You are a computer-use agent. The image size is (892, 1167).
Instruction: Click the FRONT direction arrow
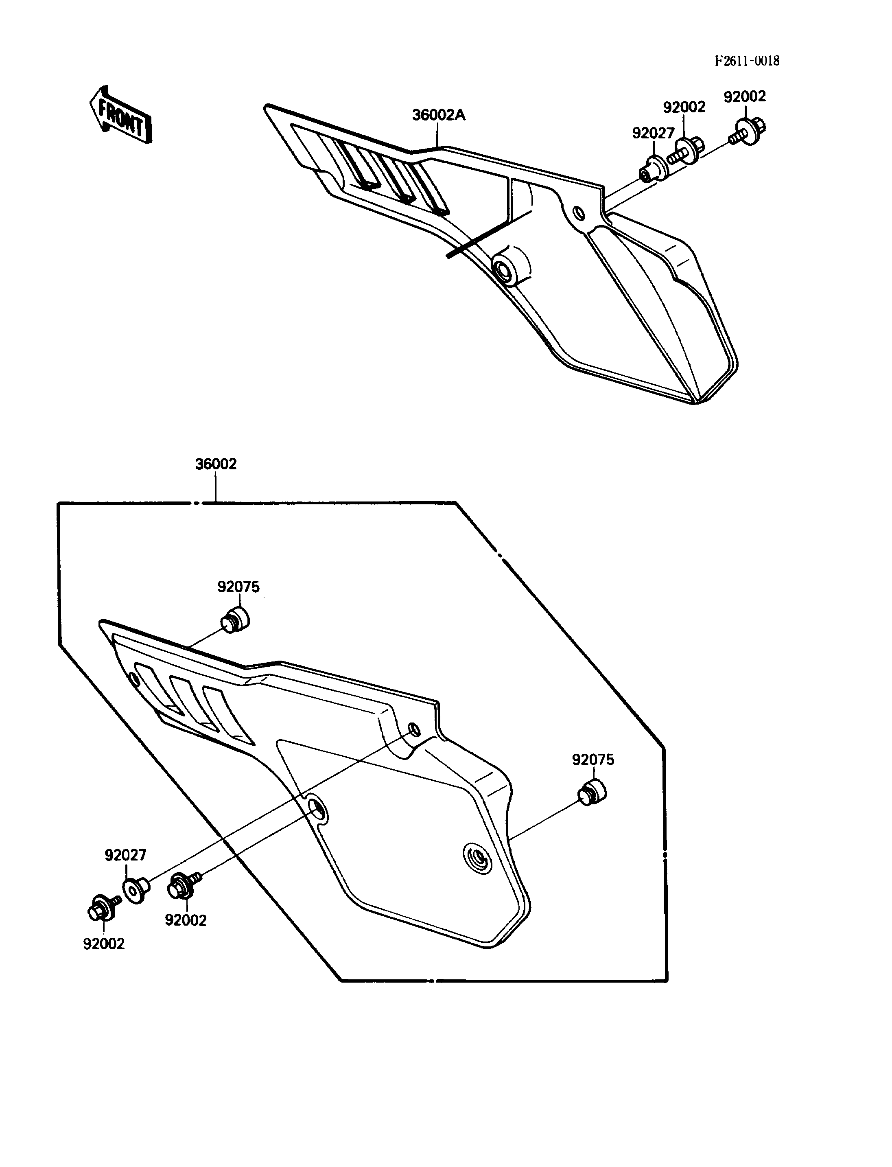coord(120,115)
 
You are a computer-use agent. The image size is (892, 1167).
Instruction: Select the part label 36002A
coord(439,115)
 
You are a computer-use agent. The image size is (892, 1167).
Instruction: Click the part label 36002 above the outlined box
coord(216,464)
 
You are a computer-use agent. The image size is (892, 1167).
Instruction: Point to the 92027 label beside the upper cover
coord(653,134)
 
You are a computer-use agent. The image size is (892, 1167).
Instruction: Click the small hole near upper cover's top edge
coord(579,214)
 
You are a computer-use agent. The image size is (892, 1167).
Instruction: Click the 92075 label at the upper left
coord(238,587)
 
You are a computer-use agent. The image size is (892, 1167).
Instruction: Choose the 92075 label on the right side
coord(593,760)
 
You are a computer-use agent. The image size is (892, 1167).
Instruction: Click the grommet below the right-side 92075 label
coord(592,793)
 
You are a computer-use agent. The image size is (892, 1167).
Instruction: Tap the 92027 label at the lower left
coord(125,855)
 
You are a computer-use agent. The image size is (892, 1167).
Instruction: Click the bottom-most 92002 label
coord(103,944)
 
